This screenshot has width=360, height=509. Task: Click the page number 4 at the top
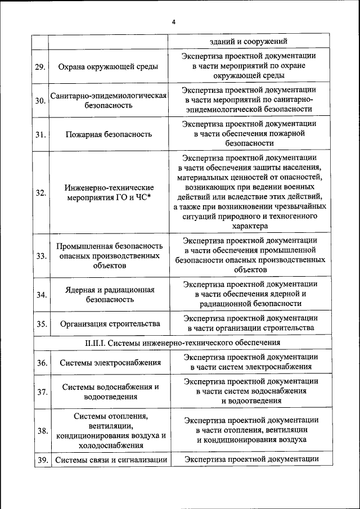tap(174, 22)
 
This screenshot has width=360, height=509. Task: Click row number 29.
tap(40, 67)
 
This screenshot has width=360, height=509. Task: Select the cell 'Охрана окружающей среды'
tap(108, 67)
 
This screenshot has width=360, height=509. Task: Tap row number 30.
tap(40, 101)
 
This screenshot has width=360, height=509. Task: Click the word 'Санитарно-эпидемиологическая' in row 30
tap(108, 96)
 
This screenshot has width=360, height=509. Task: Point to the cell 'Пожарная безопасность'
tap(108, 134)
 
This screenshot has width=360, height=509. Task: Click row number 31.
tap(40, 134)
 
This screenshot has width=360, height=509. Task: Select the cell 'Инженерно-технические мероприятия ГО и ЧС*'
tap(108, 192)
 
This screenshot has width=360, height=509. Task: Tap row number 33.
tap(40, 256)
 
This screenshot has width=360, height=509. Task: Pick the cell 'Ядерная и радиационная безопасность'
tap(108, 295)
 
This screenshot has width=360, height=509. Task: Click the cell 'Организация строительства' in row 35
tap(108, 324)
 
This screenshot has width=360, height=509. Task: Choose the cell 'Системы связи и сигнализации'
tap(111, 460)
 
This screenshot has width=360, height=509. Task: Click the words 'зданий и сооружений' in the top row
tap(249, 42)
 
